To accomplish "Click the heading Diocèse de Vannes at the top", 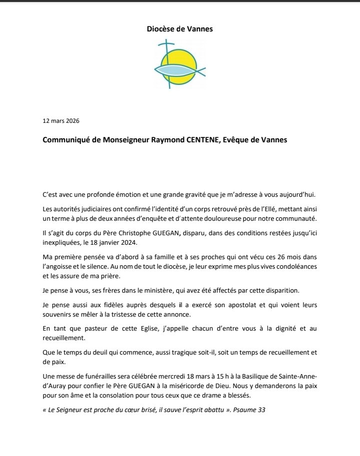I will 179,29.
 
